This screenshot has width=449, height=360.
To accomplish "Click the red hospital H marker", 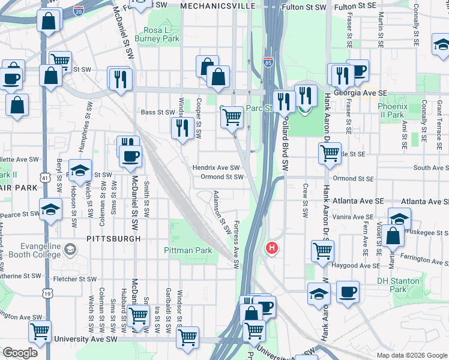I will coord(272,247).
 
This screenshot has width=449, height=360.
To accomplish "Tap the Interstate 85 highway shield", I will coord(268,62).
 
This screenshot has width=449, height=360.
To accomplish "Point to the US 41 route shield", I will coord(46,178).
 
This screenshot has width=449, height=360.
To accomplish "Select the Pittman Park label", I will coord(188,250).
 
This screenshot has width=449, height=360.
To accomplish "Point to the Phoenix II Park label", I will coord(392,110).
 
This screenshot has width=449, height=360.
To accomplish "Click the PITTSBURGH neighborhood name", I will coord(113,238).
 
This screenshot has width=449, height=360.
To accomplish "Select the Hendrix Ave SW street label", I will coord(216,168).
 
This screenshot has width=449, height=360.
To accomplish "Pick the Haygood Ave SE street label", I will coord(357,265).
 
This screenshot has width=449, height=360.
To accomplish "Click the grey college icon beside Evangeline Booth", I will coord(70,249).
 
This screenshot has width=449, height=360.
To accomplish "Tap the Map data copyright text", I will coord(411,355).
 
